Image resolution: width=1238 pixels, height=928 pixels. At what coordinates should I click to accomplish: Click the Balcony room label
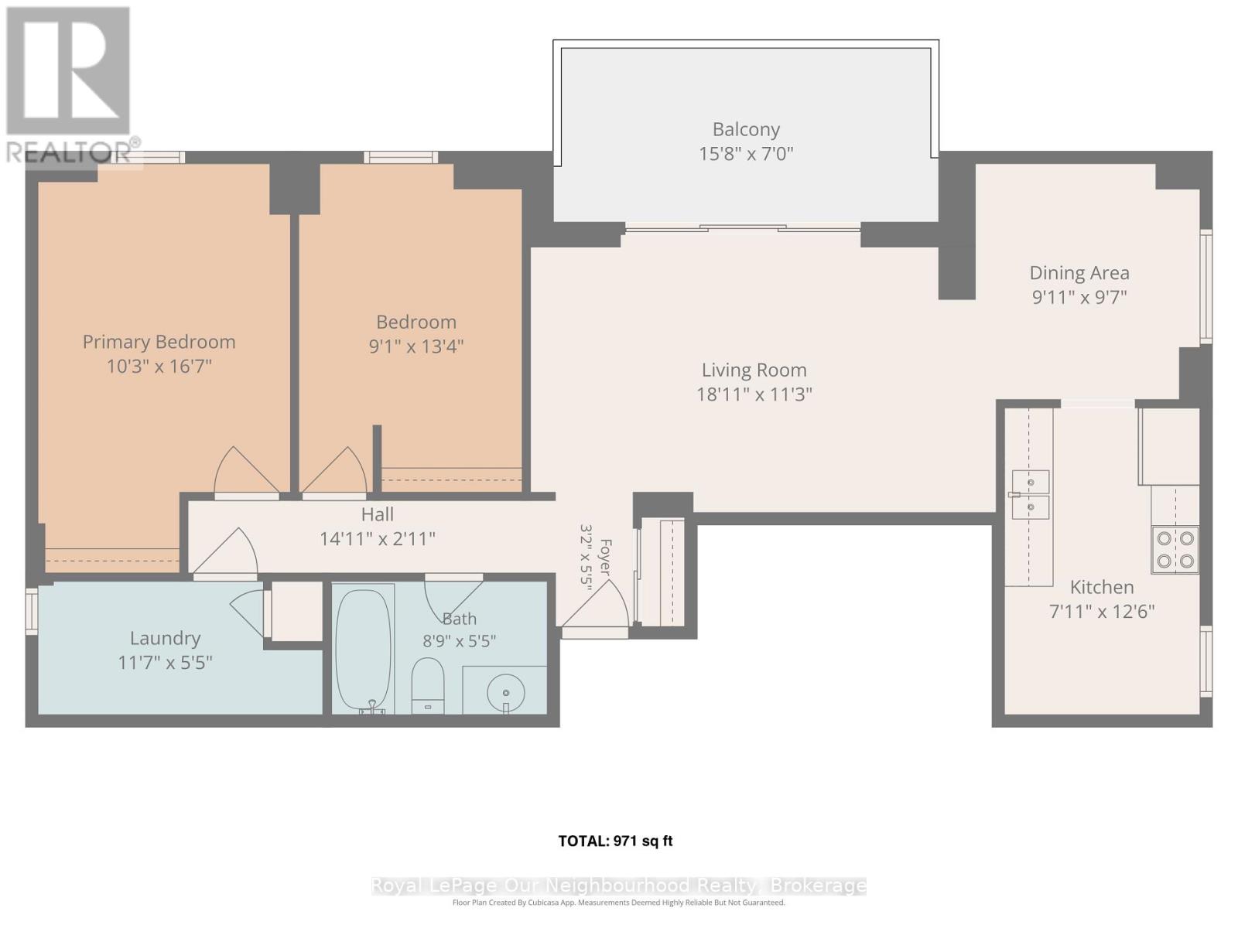pyautogui.click(x=746, y=130)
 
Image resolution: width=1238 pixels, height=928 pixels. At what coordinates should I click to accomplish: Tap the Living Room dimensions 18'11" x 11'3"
pyautogui.click(x=754, y=394)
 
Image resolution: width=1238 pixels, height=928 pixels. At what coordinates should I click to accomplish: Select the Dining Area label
pyautogui.click(x=1079, y=273)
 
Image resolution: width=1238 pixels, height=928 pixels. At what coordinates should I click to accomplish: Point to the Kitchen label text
pyautogui.click(x=1102, y=588)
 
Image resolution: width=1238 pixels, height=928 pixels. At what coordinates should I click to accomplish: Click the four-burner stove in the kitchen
pyautogui.click(x=1175, y=550)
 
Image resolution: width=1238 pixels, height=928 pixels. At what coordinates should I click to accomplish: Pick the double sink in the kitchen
pyautogui.click(x=1030, y=495)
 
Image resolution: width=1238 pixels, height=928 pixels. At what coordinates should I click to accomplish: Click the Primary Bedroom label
pyautogui.click(x=159, y=342)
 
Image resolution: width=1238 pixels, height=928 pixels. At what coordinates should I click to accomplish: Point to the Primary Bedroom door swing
pyautogui.click(x=247, y=470)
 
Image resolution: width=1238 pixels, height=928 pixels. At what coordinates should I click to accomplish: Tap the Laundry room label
pyautogui.click(x=166, y=639)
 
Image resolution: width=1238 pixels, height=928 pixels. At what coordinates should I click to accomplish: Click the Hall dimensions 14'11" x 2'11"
pyautogui.click(x=378, y=539)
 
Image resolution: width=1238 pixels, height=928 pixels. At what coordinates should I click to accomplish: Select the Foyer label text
pyautogui.click(x=605, y=558)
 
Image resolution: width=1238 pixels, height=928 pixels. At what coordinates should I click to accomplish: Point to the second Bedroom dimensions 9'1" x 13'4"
pyautogui.click(x=416, y=346)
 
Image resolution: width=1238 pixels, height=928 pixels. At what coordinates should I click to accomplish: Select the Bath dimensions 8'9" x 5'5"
pyautogui.click(x=459, y=640)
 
